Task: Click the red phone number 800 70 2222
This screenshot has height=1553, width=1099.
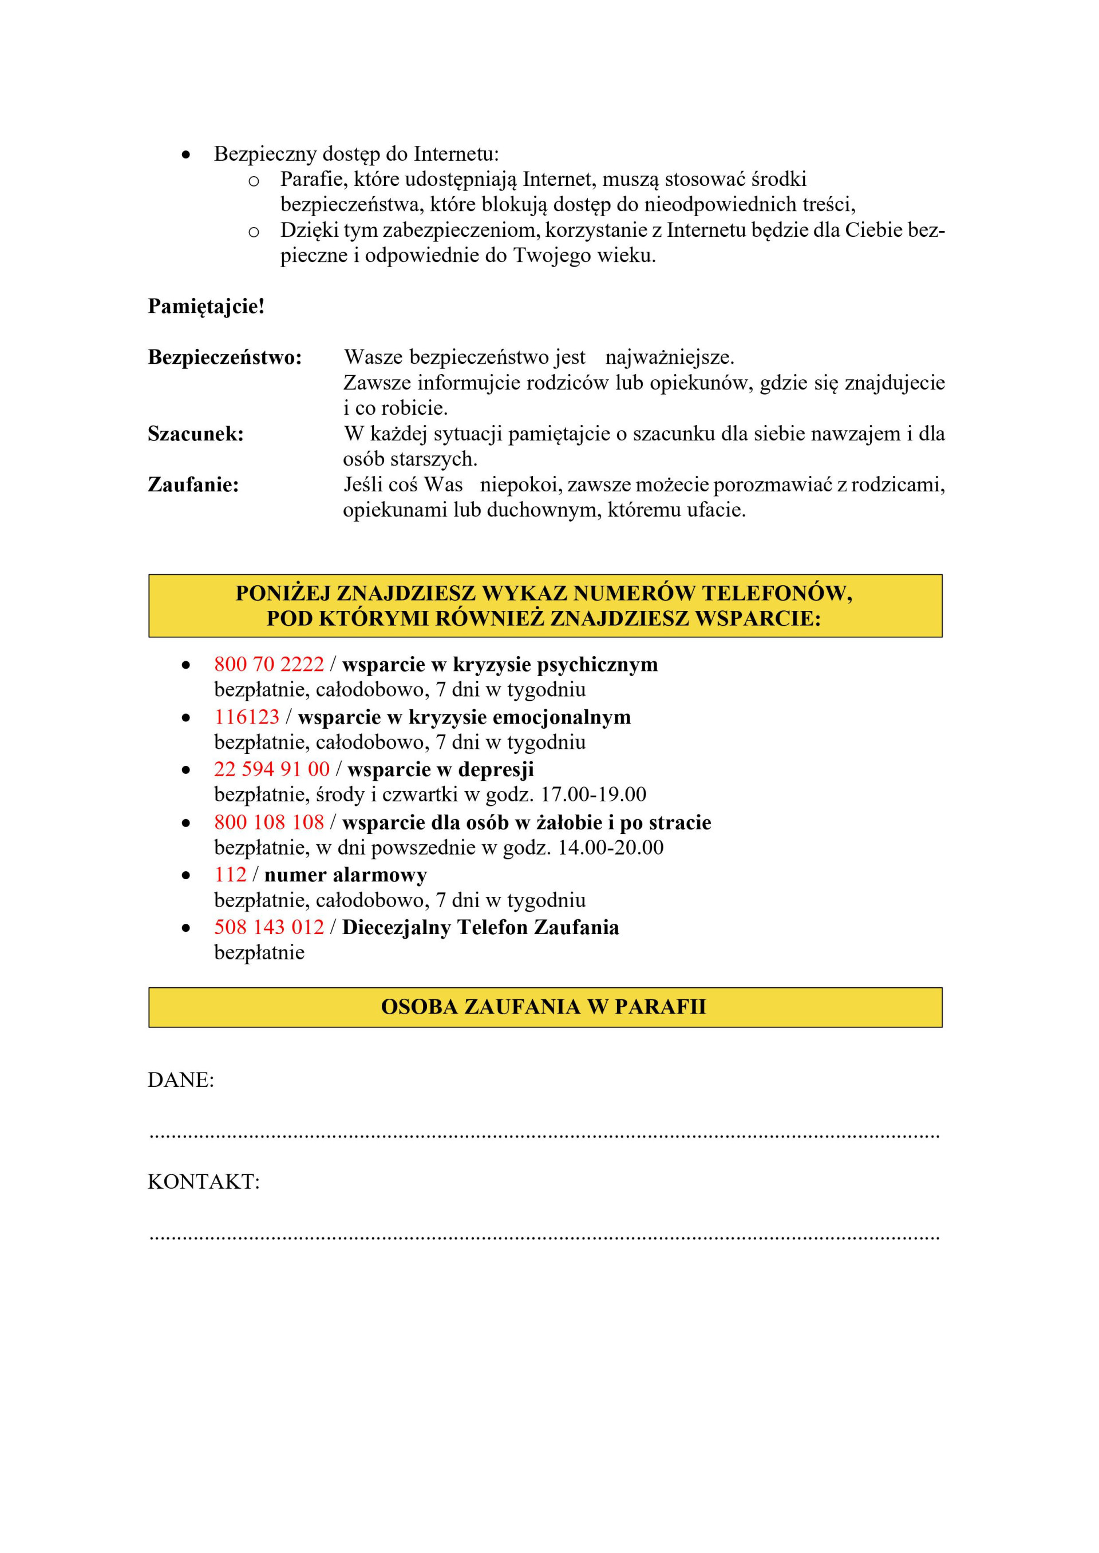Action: pyautogui.click(x=268, y=664)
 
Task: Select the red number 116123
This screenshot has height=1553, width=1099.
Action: pyautogui.click(x=246, y=717)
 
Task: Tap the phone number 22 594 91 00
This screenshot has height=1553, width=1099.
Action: pyautogui.click(x=271, y=769)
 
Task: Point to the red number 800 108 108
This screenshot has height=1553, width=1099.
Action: pyautogui.click(x=268, y=822)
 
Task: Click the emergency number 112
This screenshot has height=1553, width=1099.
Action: pyautogui.click(x=230, y=875)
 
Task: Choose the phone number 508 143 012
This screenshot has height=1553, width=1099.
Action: pyautogui.click(x=268, y=927)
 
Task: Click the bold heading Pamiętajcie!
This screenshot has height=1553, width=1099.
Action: pyautogui.click(x=205, y=307)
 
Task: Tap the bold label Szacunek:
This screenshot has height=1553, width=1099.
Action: pyautogui.click(x=196, y=434)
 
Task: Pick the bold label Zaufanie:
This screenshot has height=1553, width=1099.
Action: pyautogui.click(x=193, y=484)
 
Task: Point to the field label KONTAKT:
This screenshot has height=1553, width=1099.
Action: pyautogui.click(x=203, y=1182)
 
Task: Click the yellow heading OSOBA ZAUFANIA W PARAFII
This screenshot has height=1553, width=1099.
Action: pyautogui.click(x=543, y=1007)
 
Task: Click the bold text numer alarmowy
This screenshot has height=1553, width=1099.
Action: pyautogui.click(x=345, y=875)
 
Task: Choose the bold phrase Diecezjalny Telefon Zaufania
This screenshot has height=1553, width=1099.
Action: pyautogui.click(x=480, y=927)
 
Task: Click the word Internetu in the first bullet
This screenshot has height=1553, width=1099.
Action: pyautogui.click(x=456, y=154)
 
